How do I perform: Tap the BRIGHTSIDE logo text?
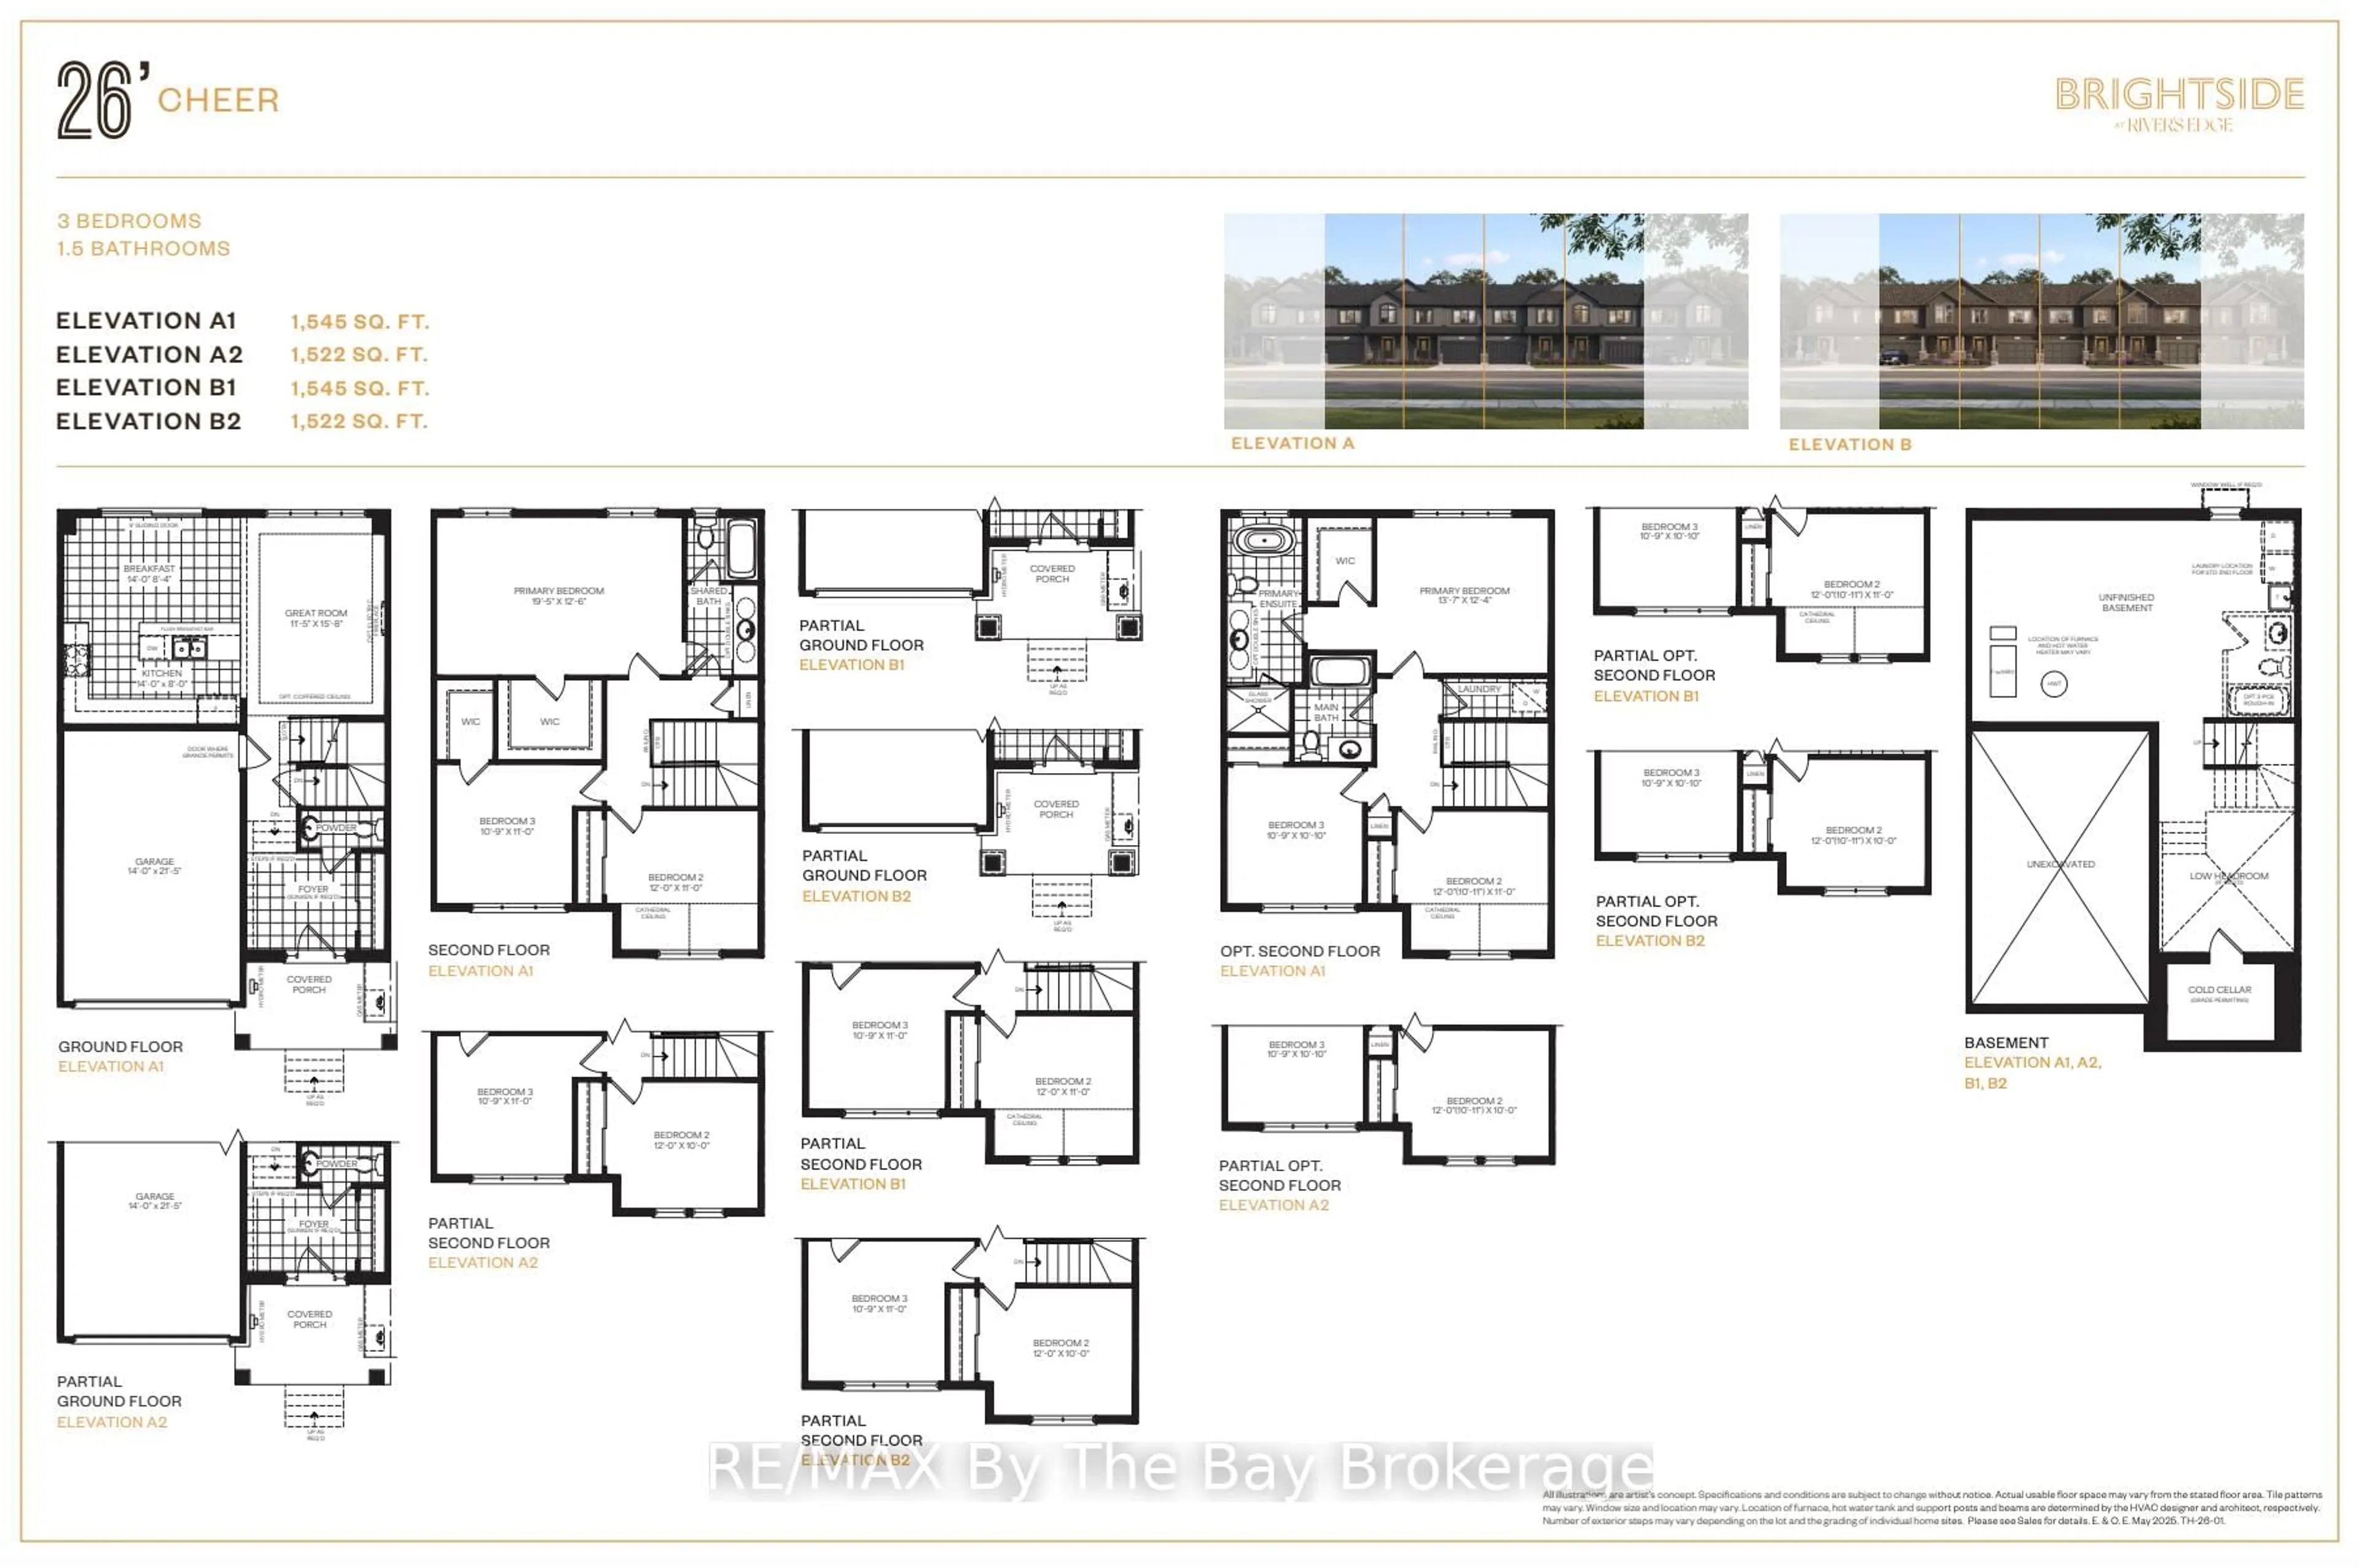pos(2178,95)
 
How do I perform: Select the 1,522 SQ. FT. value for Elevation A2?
pos(359,355)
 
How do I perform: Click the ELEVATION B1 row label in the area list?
pos(146,388)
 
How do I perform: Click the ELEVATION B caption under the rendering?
pos(1850,445)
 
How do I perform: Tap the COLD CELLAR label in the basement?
pos(2219,991)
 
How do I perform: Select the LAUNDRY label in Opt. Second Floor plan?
pos(1479,689)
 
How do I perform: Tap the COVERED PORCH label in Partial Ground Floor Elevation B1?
pos(1052,573)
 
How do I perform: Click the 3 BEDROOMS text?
pos(129,221)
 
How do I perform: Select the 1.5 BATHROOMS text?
pos(143,249)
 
